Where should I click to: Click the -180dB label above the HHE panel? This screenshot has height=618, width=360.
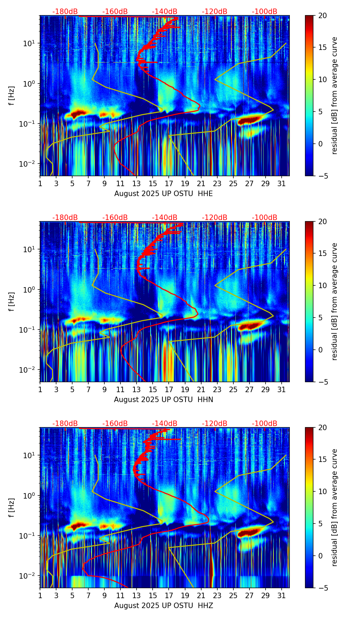65,12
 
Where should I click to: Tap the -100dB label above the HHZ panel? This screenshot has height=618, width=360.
265,424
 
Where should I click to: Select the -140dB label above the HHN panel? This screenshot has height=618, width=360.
165,218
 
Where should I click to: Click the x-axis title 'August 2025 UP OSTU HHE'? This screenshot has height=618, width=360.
164,194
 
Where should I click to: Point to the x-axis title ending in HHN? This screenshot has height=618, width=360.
164,400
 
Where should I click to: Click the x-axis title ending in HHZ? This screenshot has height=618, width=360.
164,606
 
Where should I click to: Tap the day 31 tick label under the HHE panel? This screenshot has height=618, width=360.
282,183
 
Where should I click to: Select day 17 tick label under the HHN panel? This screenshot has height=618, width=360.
169,389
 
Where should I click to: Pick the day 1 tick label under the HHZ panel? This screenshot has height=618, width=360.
40,595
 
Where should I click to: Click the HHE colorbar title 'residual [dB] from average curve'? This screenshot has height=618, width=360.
335,95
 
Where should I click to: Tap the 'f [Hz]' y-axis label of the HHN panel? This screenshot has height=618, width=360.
12,301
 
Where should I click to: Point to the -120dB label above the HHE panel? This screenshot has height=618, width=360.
215,12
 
